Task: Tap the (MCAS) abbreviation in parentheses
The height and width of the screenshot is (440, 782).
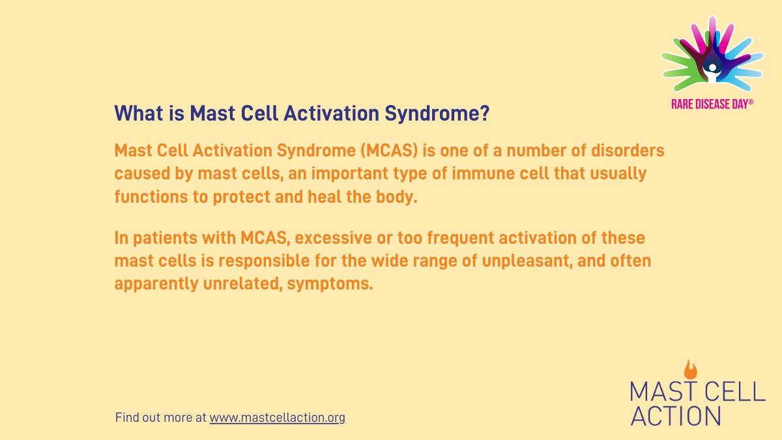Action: [x=387, y=151]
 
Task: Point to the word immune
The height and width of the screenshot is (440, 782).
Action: [x=465, y=174]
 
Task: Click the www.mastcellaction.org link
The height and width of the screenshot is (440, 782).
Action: [x=277, y=417]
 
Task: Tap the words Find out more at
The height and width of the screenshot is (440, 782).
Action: [x=160, y=417]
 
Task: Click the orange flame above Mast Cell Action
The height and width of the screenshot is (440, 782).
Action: [x=691, y=369]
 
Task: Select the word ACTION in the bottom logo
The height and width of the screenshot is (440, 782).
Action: [x=675, y=415]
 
